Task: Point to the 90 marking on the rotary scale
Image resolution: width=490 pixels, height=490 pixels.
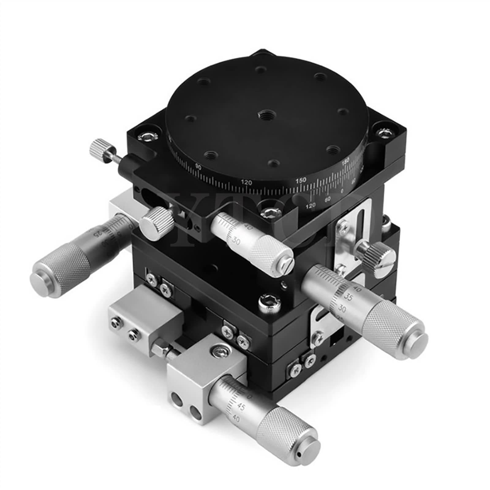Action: tap(198, 167)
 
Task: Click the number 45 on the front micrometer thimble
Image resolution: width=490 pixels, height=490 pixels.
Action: tap(241, 407)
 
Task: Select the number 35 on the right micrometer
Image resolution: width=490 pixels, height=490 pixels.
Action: tap(347, 296)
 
